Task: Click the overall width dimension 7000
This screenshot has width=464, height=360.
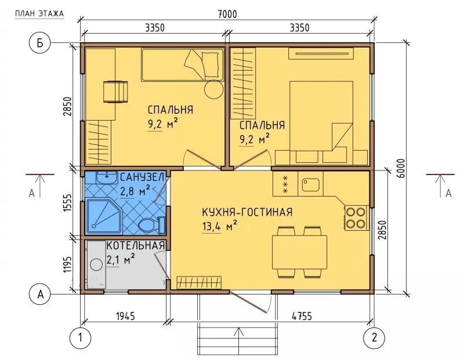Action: [227, 14]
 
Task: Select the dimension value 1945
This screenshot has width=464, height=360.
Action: [125, 316]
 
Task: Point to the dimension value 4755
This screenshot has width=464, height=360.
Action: [302, 316]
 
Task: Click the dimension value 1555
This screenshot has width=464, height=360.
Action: [67, 203]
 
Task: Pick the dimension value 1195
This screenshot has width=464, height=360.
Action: [67, 265]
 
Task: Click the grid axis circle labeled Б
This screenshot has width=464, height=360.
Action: [39, 43]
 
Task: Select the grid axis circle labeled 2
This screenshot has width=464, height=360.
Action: [374, 337]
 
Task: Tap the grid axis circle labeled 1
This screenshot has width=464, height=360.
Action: [81, 337]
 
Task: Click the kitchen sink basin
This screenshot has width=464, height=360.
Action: [310, 185]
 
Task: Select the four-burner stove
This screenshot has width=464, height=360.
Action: [356, 218]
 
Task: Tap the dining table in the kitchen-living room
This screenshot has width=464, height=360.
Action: [299, 252]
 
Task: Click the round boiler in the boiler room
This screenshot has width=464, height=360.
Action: [96, 264]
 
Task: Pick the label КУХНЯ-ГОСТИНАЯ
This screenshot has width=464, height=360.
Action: [247, 212]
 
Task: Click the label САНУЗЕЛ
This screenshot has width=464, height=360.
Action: [142, 177]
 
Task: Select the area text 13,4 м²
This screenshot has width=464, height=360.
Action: [219, 226]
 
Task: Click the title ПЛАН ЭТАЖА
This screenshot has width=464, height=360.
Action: [39, 13]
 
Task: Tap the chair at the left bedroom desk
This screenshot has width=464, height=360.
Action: [115, 92]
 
